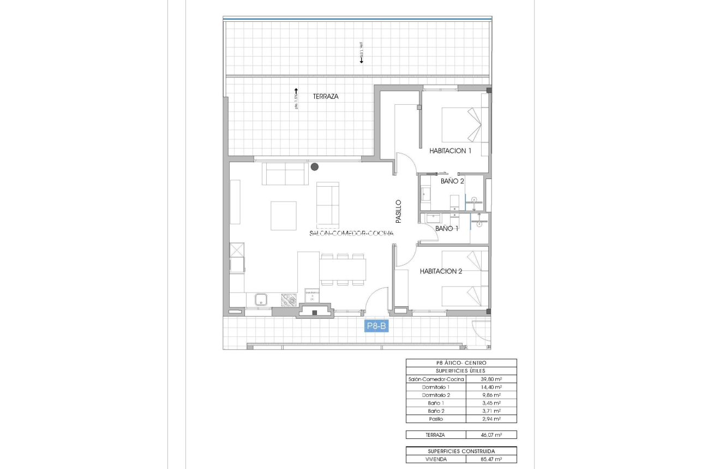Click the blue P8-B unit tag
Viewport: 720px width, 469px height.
(376, 326)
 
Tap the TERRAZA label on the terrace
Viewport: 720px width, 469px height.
(326, 96)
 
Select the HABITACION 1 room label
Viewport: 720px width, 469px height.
(450, 151)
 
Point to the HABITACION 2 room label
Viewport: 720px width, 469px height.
(441, 271)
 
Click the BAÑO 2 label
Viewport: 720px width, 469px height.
(452, 181)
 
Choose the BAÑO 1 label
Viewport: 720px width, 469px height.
(447, 228)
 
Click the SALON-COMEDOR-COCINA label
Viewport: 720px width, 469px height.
(351, 233)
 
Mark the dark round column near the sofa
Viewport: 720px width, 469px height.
(315, 167)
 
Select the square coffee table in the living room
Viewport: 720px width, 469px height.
(284, 215)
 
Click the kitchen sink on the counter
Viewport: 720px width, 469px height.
(261, 299)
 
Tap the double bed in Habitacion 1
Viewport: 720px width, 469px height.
(461, 125)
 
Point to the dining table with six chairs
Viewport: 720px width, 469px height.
(343, 269)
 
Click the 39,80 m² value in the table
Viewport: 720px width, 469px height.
(491, 379)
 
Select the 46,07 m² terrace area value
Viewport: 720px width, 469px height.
(491, 435)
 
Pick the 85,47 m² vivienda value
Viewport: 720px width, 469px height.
(491, 459)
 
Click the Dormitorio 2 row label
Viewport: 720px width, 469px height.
(436, 395)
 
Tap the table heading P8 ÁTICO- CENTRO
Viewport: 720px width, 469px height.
(461, 363)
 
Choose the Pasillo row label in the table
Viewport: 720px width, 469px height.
(436, 419)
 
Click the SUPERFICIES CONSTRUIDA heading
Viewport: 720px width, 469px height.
(461, 451)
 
